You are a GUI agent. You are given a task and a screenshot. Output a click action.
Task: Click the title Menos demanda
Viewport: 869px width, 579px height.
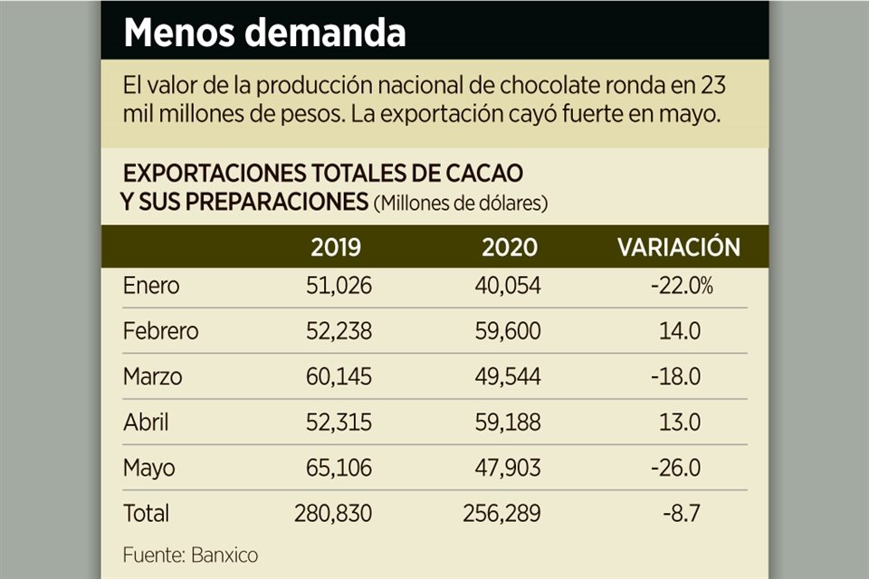click(264, 33)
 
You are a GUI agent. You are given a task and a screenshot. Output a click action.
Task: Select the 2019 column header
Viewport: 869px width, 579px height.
click(336, 247)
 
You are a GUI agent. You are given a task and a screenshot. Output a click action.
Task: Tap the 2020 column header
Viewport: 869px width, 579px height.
click(509, 247)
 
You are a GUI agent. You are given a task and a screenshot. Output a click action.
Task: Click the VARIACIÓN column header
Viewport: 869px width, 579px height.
click(679, 247)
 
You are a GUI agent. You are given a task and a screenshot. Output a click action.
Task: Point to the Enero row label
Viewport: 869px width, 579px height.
click(151, 286)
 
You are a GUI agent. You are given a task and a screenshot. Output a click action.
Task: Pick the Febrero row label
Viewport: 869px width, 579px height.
click(160, 331)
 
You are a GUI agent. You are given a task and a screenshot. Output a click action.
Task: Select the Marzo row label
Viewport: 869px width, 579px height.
click(153, 376)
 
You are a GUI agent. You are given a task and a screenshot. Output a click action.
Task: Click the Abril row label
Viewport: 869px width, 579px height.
click(146, 422)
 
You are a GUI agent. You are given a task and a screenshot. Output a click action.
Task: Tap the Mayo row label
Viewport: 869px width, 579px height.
click(149, 468)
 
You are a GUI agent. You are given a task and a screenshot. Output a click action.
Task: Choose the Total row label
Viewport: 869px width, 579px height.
click(146, 513)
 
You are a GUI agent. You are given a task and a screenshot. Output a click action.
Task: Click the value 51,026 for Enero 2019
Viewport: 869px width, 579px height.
click(339, 286)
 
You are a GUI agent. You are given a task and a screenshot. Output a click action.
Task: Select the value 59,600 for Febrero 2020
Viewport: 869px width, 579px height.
click(508, 331)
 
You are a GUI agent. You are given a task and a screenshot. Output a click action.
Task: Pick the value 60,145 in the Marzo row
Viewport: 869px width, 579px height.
click(339, 376)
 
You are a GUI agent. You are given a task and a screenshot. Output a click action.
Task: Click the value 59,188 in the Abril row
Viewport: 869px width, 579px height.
click(508, 422)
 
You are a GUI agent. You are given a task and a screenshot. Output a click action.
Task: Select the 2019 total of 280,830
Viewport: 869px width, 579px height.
click(333, 513)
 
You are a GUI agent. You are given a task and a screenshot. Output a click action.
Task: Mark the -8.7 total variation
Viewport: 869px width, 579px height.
click(683, 513)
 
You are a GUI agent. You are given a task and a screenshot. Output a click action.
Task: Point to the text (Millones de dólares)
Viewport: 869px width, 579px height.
click(460, 204)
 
